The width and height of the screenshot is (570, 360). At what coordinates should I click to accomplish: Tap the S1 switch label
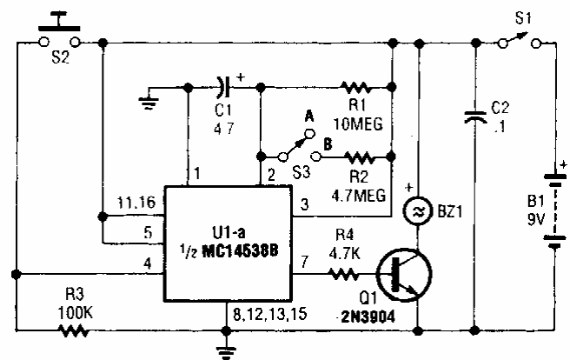coord(523,18)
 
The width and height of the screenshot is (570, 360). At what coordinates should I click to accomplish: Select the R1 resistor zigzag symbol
coord(355,87)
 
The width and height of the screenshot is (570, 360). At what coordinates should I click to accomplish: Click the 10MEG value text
coord(358,124)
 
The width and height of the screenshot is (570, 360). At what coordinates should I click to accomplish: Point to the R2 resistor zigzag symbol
coord(359,157)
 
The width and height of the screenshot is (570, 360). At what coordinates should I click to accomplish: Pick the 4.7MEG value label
coord(359,196)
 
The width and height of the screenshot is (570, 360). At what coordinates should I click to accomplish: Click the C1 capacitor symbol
coord(223,87)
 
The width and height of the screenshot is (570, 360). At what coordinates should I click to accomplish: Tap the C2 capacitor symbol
coord(475,117)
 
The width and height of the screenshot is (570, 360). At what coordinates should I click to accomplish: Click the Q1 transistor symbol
coord(404,275)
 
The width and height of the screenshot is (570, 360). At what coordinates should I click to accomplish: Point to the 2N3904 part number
coord(368,317)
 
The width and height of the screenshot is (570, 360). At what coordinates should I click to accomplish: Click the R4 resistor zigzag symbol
coord(343,274)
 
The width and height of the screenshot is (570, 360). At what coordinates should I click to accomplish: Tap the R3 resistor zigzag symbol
coord(73,331)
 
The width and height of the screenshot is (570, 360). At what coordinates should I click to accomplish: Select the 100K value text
coord(76,313)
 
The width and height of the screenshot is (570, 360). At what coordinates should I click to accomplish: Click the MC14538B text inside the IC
coord(240,251)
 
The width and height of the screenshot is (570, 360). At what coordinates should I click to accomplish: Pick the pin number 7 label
coord(305,262)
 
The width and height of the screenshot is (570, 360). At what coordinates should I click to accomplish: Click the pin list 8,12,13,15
coord(269,314)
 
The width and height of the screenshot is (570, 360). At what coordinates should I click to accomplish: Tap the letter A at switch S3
coord(309,117)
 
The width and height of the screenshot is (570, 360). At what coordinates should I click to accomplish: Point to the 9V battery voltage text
coord(536,220)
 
